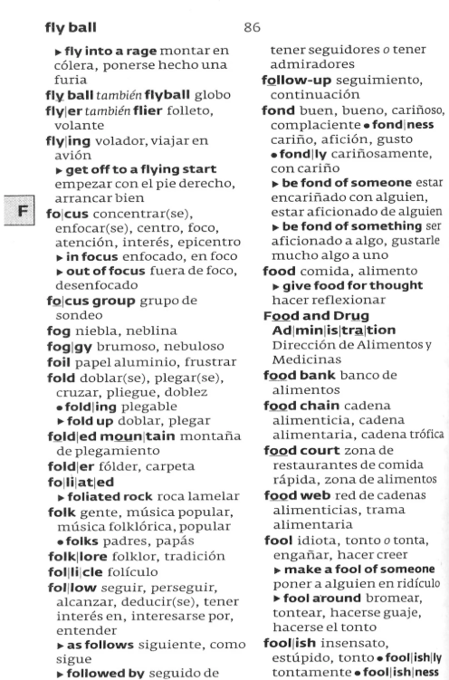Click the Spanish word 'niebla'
click(x=93, y=332)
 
